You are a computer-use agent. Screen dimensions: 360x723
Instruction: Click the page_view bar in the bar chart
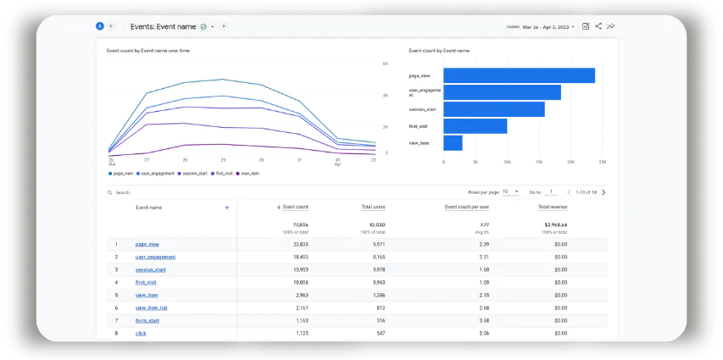pyautogui.click(x=519, y=75)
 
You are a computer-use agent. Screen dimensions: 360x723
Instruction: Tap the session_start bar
pyautogui.click(x=493, y=109)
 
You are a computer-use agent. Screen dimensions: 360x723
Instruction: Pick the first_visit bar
pyautogui.click(x=475, y=126)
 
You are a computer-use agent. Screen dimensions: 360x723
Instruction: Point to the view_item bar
pyautogui.click(x=453, y=143)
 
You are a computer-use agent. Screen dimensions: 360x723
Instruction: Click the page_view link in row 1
pyautogui.click(x=147, y=244)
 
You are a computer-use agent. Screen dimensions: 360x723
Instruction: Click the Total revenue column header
pyautogui.click(x=553, y=207)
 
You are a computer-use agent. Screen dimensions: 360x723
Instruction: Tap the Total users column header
pyautogui.click(x=373, y=207)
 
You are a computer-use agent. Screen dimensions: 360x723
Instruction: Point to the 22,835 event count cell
pyautogui.click(x=296, y=244)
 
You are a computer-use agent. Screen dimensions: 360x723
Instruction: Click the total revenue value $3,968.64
pyautogui.click(x=556, y=225)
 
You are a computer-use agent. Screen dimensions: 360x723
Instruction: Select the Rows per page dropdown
pyautogui.click(x=510, y=192)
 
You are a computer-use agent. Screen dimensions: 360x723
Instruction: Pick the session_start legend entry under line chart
pyautogui.click(x=195, y=173)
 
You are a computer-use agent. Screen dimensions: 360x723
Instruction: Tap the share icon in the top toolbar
pyautogui.click(x=598, y=26)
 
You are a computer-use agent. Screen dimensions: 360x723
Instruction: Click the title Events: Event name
pyautogui.click(x=163, y=26)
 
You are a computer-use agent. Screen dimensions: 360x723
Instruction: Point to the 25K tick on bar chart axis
pyautogui.click(x=602, y=162)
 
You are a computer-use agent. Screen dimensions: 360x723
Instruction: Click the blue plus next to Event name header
pyautogui.click(x=226, y=207)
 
